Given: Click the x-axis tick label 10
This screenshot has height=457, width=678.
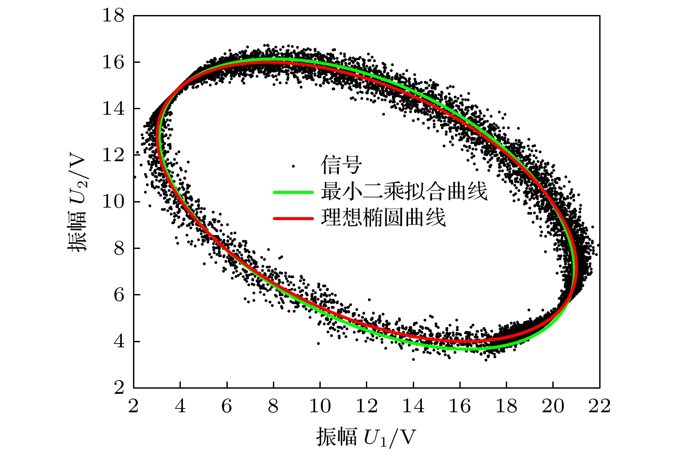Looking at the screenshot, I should pos(320,406).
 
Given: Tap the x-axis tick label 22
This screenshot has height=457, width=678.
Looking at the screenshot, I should pos(600,406).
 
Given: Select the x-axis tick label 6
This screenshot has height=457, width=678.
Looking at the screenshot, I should pos(227,406).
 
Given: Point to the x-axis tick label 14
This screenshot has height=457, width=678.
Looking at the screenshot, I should pos(413,406).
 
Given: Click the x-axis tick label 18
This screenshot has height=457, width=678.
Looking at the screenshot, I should pos(506,406).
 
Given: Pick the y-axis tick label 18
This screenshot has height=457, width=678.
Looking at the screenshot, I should pos(113,16).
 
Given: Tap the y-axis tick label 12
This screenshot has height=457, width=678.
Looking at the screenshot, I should pos(113,156).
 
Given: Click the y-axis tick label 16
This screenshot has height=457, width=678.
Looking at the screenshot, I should pos(113,63).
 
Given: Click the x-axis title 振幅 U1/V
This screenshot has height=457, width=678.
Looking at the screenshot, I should pos(367,437).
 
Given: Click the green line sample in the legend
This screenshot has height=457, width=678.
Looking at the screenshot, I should pos(293,192).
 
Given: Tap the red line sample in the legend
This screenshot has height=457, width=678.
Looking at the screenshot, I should pos(293,218).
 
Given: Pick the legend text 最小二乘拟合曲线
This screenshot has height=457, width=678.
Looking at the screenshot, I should pos(404,191).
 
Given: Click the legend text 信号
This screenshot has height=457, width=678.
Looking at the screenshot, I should pos(341,165).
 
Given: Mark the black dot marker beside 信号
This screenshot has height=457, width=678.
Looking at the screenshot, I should pos(294,166).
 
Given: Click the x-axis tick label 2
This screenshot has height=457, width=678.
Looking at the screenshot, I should pos(133,406).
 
